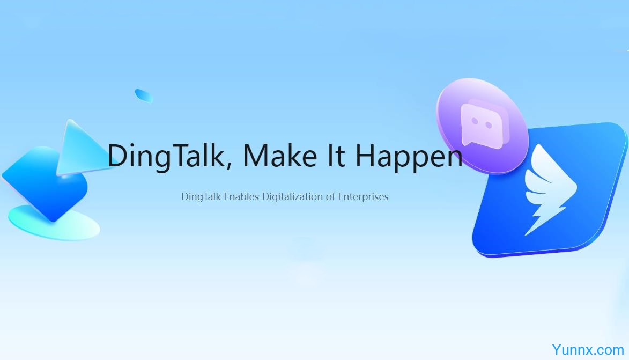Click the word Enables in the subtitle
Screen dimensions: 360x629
(x=241, y=196)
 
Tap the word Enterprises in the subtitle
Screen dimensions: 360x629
(x=363, y=196)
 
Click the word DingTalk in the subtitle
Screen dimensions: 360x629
(x=201, y=197)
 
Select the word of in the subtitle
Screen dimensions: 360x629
(x=330, y=196)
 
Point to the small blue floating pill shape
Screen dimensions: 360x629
(x=144, y=95)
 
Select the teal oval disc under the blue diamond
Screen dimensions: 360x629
(x=54, y=224)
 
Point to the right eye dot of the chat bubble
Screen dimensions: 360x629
(x=489, y=125)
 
